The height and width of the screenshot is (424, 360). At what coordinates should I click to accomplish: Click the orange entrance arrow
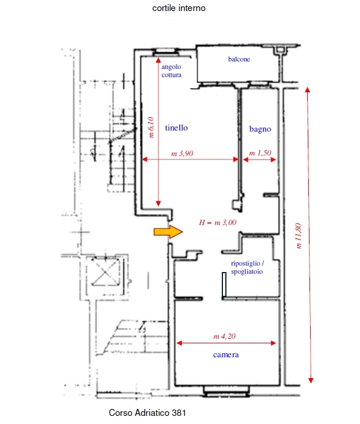[168, 232]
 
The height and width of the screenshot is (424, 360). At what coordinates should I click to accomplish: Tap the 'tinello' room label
[176, 128]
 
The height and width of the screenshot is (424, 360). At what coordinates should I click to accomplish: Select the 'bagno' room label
[260, 129]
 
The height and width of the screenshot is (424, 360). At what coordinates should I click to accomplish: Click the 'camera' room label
[226, 355]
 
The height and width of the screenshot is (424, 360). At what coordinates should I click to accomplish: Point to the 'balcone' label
[239, 59]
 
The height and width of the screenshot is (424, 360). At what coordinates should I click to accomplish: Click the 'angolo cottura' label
[171, 71]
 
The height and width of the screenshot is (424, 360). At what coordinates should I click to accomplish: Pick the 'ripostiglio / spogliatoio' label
[247, 267]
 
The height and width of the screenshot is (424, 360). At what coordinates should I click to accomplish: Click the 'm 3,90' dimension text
[182, 154]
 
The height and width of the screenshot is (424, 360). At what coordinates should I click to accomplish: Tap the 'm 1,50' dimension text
[260, 153]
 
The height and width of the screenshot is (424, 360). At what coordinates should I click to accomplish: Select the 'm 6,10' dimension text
[152, 127]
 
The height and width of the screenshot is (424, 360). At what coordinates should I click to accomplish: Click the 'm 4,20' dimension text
[224, 336]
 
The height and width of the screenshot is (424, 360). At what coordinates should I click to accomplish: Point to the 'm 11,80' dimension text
[298, 236]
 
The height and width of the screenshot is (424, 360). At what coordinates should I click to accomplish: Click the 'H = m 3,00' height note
[218, 223]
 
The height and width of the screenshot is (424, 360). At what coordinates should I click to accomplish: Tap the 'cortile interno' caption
[179, 8]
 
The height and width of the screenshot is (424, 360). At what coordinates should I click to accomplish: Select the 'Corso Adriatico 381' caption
[147, 412]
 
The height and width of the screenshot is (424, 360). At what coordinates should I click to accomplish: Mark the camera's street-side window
[226, 392]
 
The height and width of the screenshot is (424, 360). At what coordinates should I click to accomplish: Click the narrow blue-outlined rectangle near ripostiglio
[224, 284]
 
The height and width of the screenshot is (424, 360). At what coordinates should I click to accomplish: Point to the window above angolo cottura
[165, 52]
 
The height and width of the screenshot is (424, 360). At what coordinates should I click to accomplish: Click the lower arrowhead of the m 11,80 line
[311, 380]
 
